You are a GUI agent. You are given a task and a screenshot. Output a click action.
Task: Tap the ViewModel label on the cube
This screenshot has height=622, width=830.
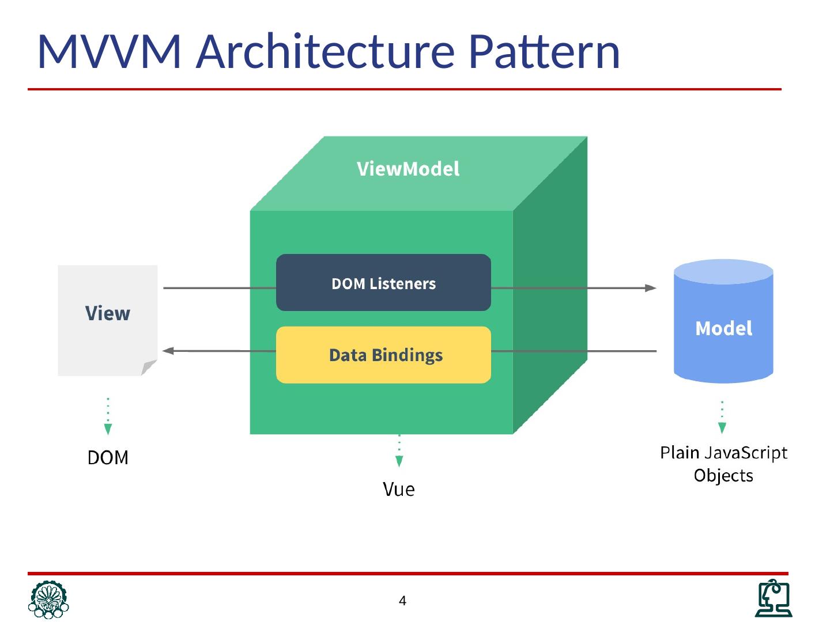408,169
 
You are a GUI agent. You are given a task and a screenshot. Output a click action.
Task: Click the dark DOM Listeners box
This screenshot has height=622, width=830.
383,283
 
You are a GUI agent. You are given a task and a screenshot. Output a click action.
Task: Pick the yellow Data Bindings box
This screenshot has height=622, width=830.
383,355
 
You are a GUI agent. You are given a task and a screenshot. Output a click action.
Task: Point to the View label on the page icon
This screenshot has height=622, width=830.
108,313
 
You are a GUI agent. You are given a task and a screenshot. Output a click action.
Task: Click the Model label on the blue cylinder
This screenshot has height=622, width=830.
723,328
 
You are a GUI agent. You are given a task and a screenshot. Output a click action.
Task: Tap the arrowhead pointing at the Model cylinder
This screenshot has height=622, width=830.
651,288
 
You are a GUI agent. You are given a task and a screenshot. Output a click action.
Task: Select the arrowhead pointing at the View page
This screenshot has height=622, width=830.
168,351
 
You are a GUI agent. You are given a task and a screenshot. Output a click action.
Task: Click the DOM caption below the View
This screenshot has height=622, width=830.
108,457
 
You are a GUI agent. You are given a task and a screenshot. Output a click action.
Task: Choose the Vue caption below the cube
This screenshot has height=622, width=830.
399,489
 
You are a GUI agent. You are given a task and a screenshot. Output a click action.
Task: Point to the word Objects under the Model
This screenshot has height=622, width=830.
723,476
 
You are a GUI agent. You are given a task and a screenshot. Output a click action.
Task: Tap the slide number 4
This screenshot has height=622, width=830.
402,601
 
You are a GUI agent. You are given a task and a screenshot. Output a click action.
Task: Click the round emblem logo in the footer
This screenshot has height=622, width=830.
48,600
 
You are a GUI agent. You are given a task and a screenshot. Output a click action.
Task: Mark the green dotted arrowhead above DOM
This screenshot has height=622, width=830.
108,429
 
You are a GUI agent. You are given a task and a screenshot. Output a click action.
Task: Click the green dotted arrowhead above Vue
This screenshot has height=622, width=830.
399,461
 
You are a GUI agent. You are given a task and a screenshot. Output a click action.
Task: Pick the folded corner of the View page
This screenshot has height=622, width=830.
149,367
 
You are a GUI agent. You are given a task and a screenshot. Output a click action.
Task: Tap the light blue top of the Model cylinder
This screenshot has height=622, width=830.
723,271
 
